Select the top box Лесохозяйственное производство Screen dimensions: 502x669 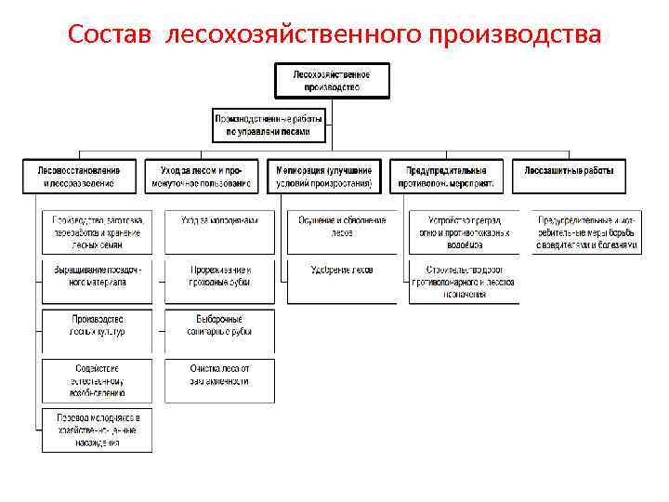331,80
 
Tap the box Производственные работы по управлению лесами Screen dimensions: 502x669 269,125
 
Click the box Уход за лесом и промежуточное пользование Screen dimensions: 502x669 204,177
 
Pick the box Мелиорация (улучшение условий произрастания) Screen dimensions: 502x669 325,177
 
